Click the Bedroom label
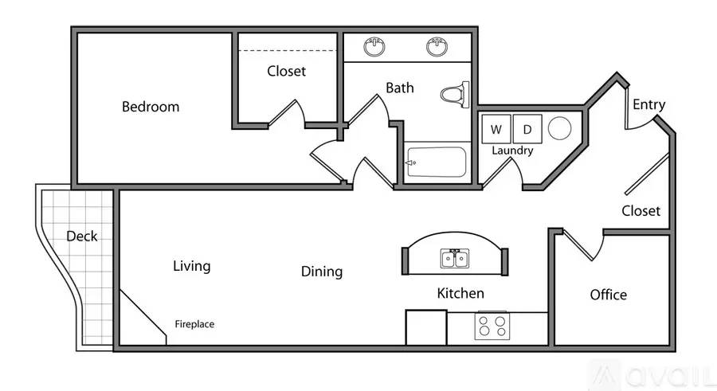tap(151, 107)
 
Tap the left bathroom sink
tap(374, 47)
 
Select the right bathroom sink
tap(437, 47)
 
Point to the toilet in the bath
tap(455, 95)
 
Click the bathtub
tap(437, 162)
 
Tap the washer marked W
tap(496, 130)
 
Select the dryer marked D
tap(527, 130)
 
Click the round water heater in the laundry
tap(560, 128)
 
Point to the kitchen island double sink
tap(455, 259)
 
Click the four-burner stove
tap(492, 326)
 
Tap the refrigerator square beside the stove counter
tap(426, 327)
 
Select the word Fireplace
tap(194, 324)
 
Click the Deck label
tap(82, 236)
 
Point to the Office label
tap(608, 295)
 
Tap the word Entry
tap(648, 105)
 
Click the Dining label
tap(322, 272)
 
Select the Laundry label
tap(512, 151)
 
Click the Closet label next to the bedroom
tap(286, 71)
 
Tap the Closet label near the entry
tap(641, 211)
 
